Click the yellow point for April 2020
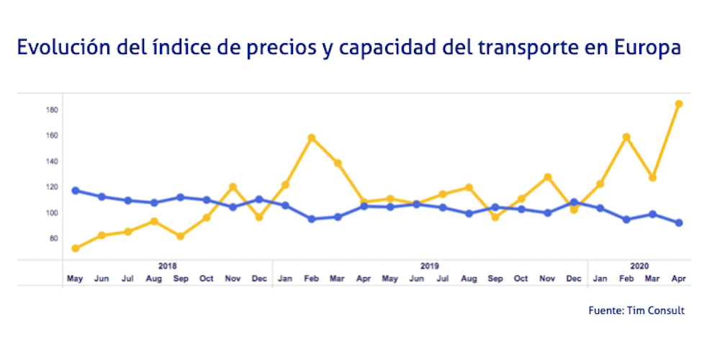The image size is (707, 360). (679, 104)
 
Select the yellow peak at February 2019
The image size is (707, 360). (311, 138)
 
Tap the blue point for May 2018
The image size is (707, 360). (75, 191)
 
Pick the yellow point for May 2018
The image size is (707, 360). (75, 248)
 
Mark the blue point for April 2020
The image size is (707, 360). (679, 223)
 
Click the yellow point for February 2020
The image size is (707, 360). (626, 137)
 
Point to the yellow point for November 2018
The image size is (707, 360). (233, 187)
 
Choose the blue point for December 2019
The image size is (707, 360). (574, 202)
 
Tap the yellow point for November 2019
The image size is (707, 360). (548, 177)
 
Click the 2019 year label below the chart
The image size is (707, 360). (430, 266)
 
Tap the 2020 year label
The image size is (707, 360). (639, 266)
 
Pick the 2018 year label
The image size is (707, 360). (167, 266)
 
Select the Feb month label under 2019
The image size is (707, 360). (311, 279)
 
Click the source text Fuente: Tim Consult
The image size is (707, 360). (636, 310)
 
